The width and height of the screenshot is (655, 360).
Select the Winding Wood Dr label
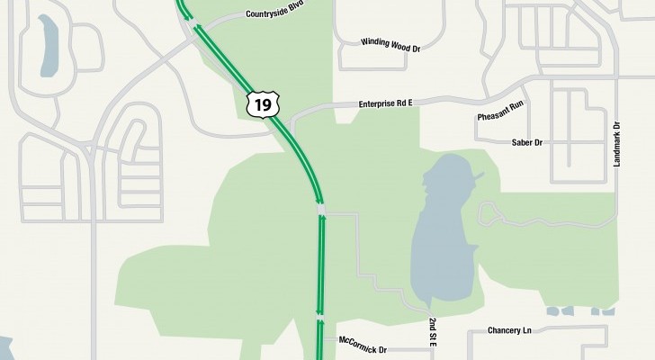[x=390, y=42]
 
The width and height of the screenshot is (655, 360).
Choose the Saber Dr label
[x=527, y=142]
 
